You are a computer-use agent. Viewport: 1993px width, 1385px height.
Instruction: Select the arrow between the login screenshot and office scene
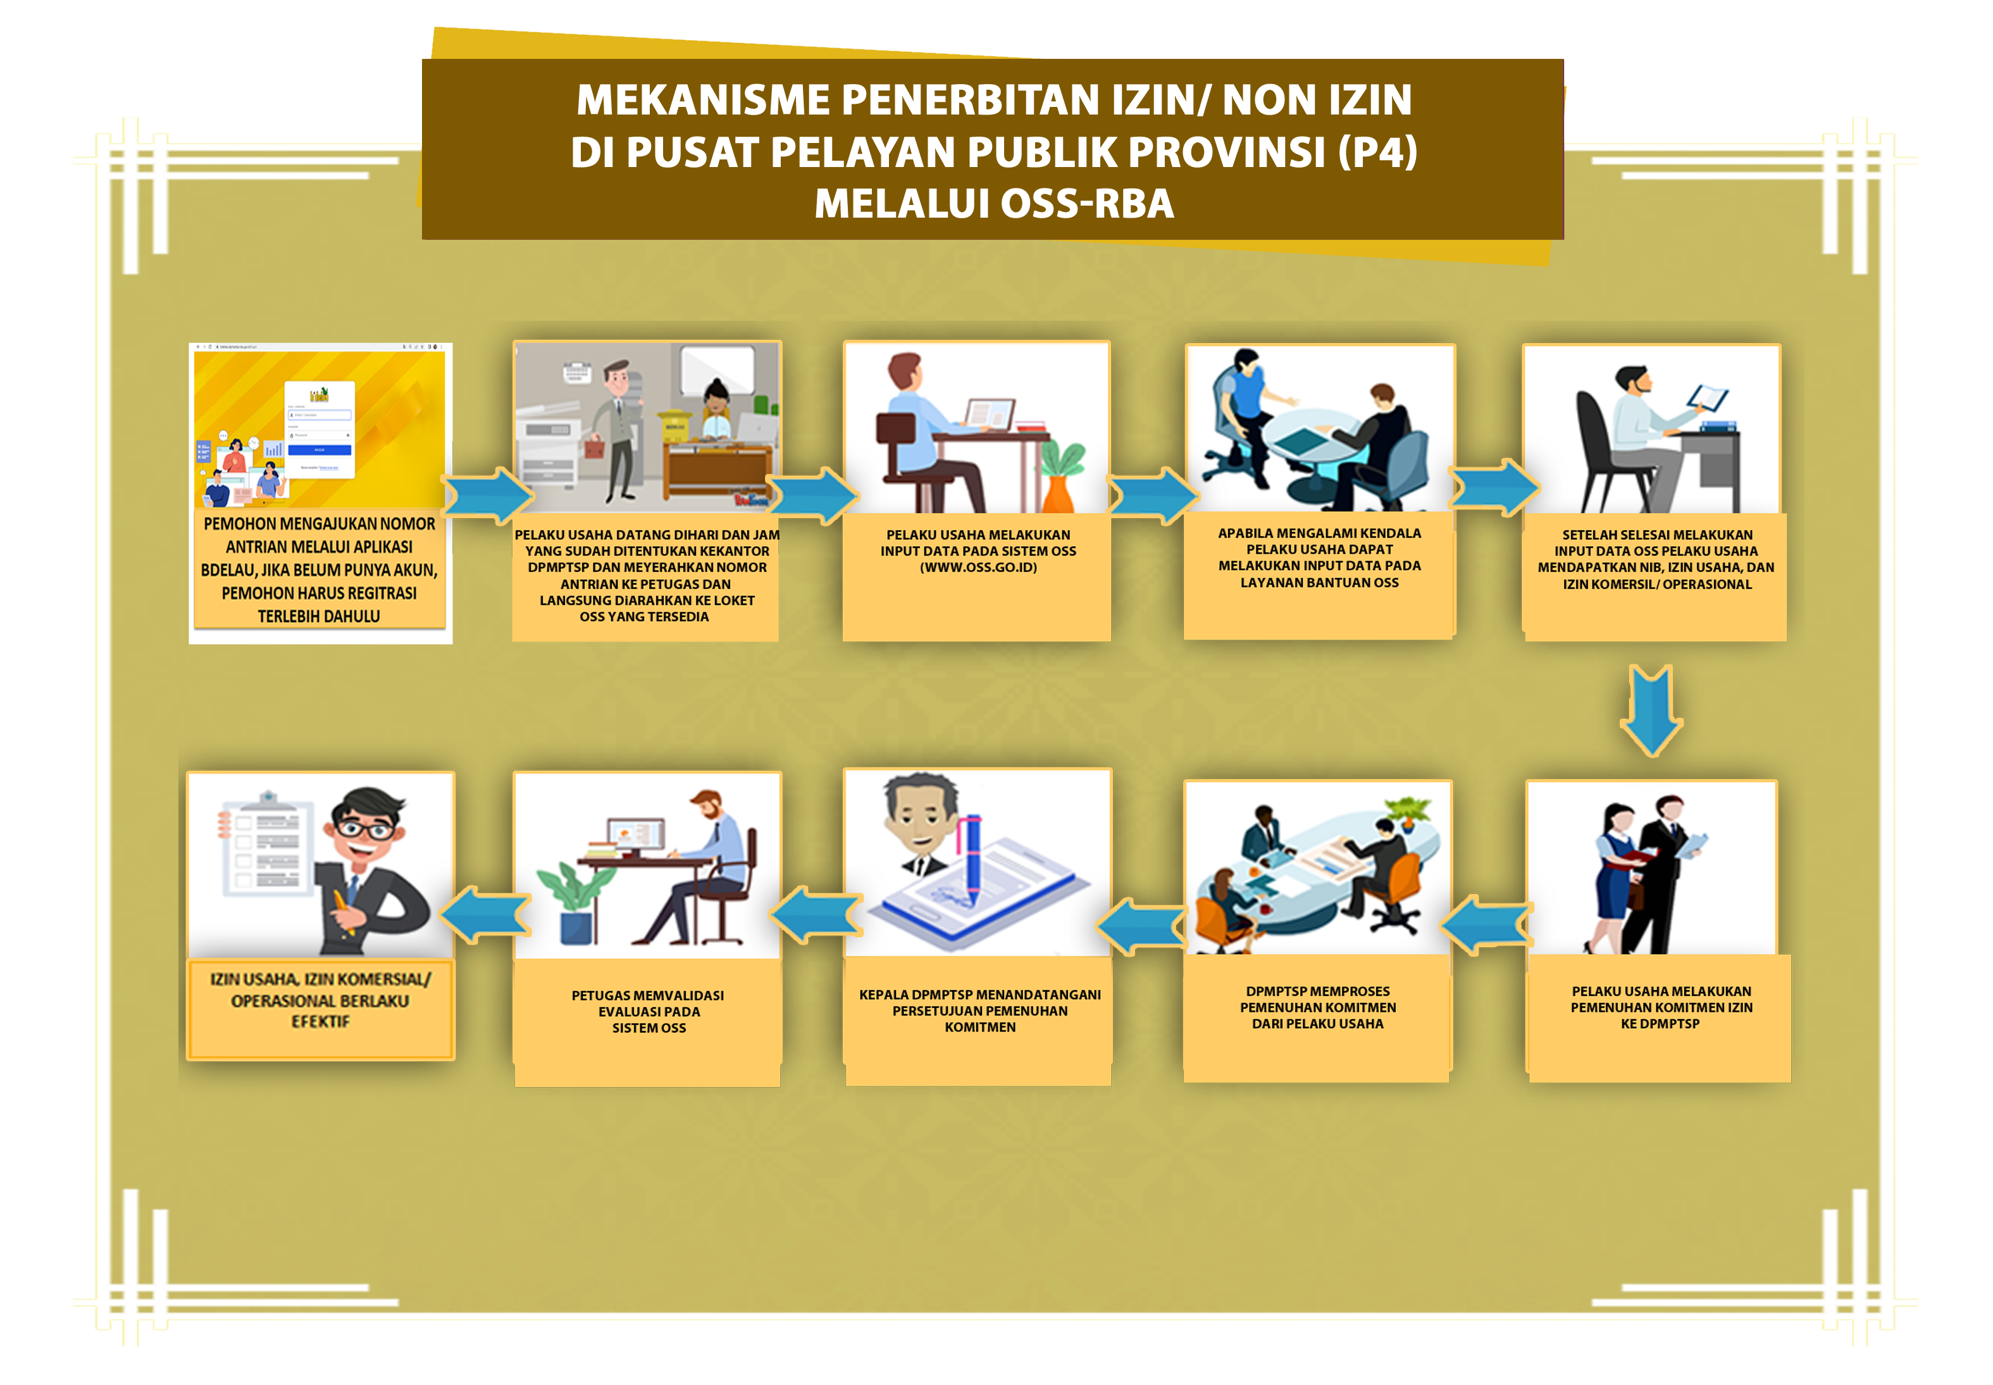[x=488, y=495]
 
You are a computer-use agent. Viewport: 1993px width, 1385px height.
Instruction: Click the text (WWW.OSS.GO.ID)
[x=978, y=568]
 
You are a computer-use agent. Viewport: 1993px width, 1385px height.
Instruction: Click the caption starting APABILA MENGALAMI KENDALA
[x=1319, y=558]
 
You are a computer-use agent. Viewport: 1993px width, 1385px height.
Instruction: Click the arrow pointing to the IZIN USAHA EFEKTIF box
[x=486, y=914]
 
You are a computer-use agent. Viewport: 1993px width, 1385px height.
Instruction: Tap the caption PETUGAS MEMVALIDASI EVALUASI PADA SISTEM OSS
[x=648, y=1012]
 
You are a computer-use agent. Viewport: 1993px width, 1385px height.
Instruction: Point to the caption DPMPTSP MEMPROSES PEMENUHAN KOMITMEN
[x=1317, y=1007]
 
